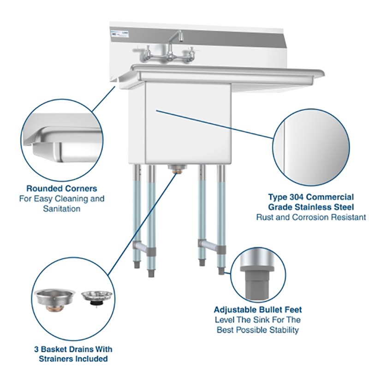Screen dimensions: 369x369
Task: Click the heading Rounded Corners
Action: (x=61, y=188)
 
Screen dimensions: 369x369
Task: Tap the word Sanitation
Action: (x=62, y=208)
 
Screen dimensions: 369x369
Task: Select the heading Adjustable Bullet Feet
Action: (x=258, y=309)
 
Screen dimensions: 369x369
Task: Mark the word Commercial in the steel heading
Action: (x=331, y=197)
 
